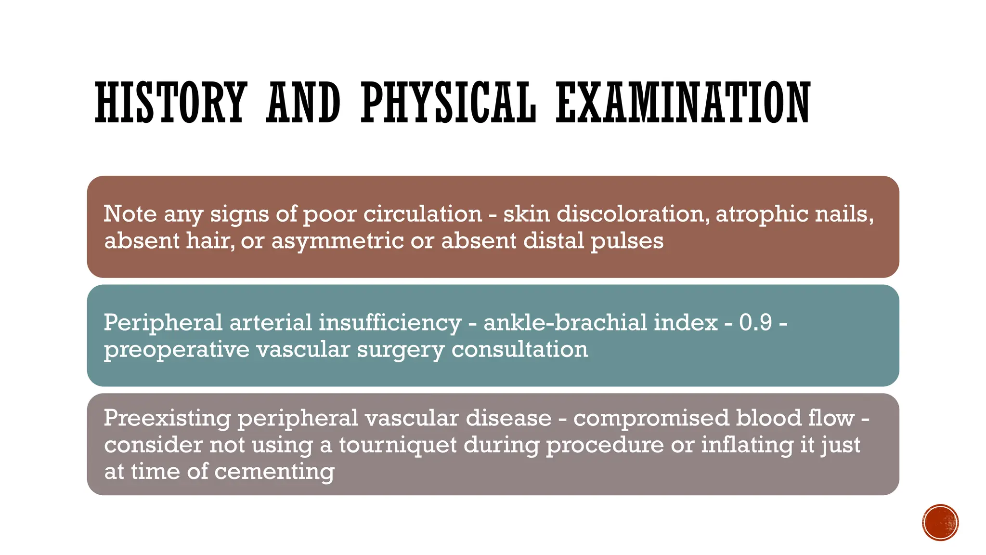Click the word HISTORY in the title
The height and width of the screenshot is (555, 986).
click(171, 102)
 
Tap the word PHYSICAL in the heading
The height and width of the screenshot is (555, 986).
click(448, 102)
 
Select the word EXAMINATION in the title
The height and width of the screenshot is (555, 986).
click(683, 102)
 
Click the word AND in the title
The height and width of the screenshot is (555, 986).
click(303, 102)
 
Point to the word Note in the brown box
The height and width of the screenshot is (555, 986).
click(130, 213)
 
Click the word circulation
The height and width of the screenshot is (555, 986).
click(422, 214)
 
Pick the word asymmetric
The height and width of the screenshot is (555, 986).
click(337, 241)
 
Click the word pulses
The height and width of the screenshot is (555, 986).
click(627, 241)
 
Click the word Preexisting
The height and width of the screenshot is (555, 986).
click(167, 418)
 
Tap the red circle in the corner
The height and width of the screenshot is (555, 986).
click(940, 523)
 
